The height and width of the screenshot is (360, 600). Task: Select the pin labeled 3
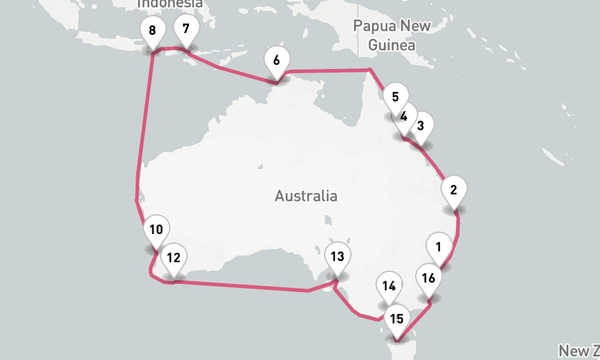[421, 126]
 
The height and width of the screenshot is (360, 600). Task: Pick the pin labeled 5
[395, 97]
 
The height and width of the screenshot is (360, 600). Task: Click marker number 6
[276, 61]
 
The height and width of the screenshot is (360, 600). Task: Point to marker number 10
[157, 230]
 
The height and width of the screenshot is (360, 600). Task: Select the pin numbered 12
[173, 259]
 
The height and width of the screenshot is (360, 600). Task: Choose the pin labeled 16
[428, 278]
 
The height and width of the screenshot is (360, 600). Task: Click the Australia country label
[306, 196]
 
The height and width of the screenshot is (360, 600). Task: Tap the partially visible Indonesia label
[170, 4]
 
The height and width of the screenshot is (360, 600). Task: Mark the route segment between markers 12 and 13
[240, 286]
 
